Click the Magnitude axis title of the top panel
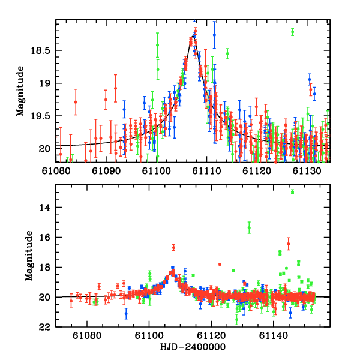tap(20, 91)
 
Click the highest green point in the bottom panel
tap(292, 191)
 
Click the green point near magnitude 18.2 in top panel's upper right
tap(292, 32)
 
